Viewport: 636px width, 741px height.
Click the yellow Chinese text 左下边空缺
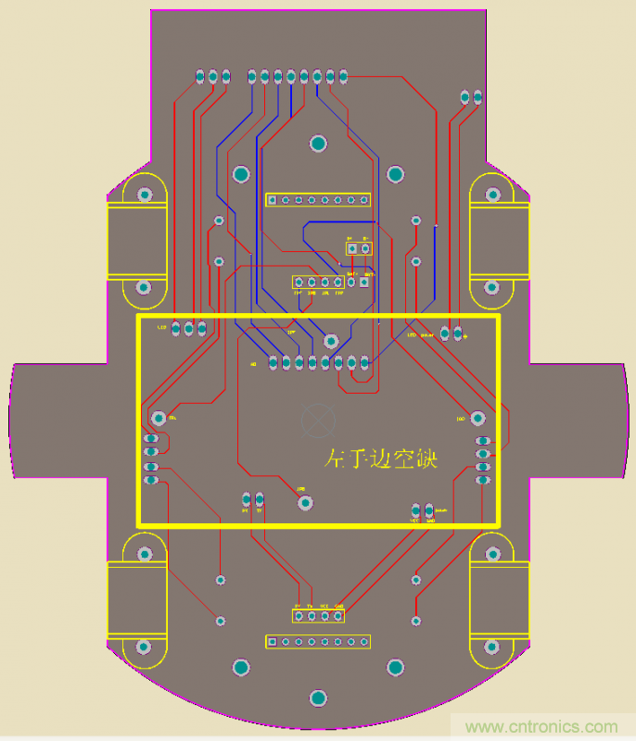[381, 458]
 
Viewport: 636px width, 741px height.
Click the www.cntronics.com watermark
[542, 727]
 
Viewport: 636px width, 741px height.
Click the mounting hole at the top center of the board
[318, 144]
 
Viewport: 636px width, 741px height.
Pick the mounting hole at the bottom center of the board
[318, 697]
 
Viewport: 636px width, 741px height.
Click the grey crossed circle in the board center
[318, 420]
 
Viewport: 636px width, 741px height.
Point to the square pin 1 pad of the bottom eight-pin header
[273, 641]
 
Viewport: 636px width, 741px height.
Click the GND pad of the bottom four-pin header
[338, 615]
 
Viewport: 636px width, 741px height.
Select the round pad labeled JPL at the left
[159, 418]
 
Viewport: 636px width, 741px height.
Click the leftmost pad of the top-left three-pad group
[200, 75]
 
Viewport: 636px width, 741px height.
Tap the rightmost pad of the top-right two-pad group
[477, 96]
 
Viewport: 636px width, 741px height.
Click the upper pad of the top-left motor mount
[145, 195]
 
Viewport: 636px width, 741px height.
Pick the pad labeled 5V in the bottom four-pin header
[299, 615]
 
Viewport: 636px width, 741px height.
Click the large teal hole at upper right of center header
[395, 174]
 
